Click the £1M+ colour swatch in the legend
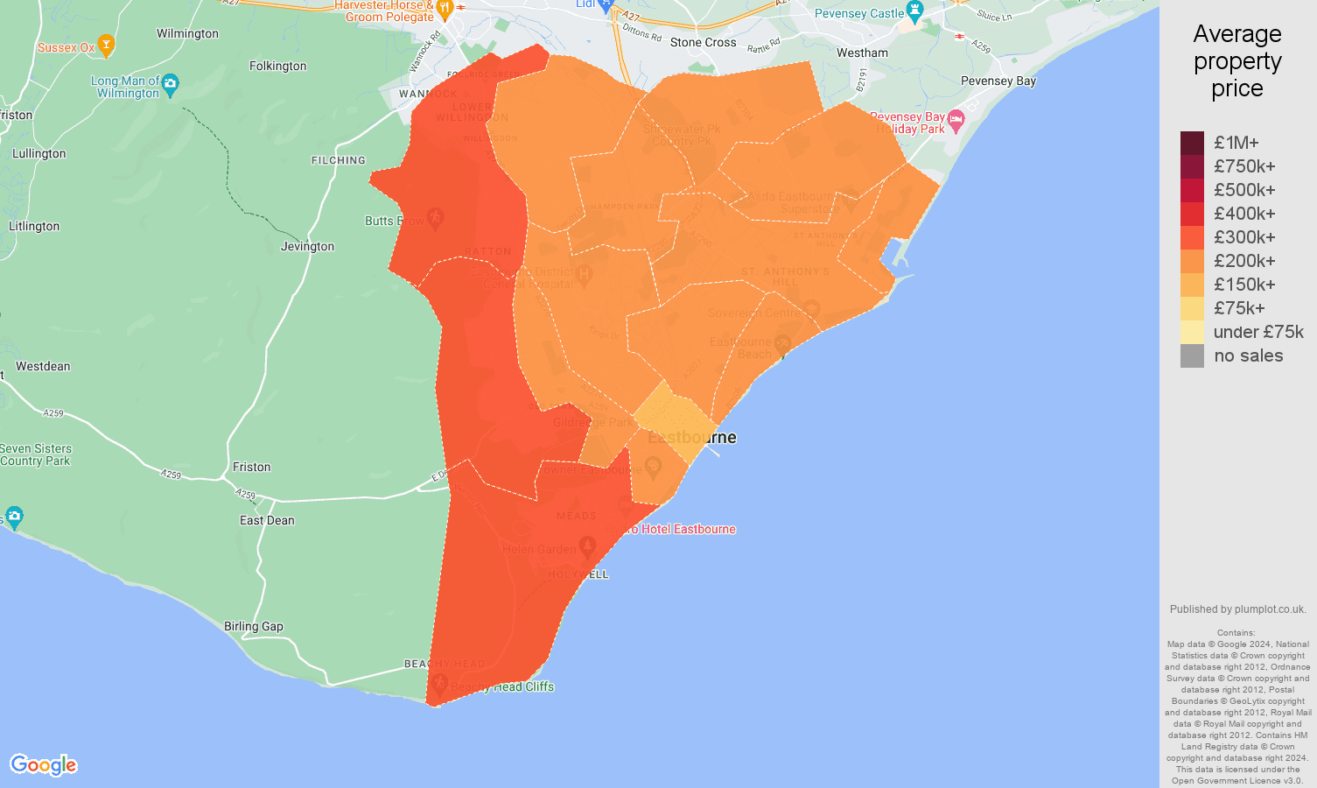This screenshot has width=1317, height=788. pos(1192,143)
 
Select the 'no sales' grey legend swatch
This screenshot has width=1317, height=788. pos(1192,355)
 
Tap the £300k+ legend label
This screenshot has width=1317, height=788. pos(1244,237)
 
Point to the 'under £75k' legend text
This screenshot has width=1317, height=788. pos(1258,332)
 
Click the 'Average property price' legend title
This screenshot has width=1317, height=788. pos(1236,61)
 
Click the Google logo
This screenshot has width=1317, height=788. pos(44,765)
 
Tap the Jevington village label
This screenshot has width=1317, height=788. pos(307,247)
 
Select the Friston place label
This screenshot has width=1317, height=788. pos(252,468)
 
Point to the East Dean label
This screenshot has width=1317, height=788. pos(267,521)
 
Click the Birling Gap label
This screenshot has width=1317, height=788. pos(254,627)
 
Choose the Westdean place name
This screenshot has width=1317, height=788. pos(43,367)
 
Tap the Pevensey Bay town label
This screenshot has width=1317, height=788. pos(998,81)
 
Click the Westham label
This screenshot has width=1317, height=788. pos(862,53)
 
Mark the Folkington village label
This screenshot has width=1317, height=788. pos(277,67)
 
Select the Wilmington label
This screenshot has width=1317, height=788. pos(187,34)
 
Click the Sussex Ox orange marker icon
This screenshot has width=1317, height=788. pos(106,44)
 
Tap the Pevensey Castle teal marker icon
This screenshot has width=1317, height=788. pos(915,11)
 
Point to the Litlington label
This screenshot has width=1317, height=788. pos(34,227)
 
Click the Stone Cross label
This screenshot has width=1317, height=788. pos(703,43)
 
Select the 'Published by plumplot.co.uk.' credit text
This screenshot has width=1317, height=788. pos(1237,609)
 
